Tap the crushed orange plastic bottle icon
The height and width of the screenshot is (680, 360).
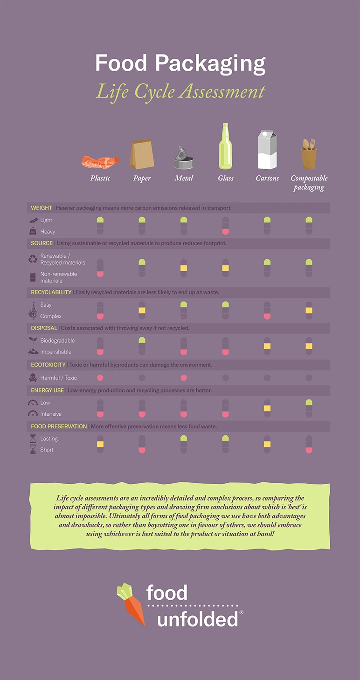[100, 162]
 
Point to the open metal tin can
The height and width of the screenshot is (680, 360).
[183, 158]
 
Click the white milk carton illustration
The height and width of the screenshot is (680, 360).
[267, 150]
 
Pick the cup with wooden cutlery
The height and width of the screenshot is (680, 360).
[309, 155]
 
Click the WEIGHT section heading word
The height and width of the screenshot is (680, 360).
[42, 208]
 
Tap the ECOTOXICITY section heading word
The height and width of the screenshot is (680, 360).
[48, 365]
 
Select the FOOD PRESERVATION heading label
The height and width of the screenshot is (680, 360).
[59, 426]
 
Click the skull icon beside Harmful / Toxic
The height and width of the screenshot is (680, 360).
[33, 378]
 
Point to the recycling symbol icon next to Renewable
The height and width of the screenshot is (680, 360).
[33, 259]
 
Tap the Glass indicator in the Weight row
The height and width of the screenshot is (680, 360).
[225, 226]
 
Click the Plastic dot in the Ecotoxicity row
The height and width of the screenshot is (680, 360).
[100, 378]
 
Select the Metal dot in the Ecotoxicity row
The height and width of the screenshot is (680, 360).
[183, 378]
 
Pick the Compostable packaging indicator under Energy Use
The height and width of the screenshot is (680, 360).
[309, 408]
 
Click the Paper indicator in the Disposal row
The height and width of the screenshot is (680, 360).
[142, 346]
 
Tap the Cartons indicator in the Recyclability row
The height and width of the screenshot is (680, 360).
[267, 310]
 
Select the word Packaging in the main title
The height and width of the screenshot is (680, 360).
[210, 63]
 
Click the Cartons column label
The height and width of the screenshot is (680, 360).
[267, 178]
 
